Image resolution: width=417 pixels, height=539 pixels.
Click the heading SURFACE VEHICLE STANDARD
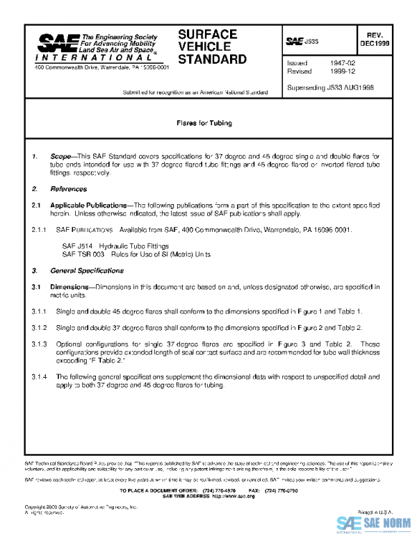[212, 47]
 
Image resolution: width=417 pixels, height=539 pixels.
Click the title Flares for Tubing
[204, 123]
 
